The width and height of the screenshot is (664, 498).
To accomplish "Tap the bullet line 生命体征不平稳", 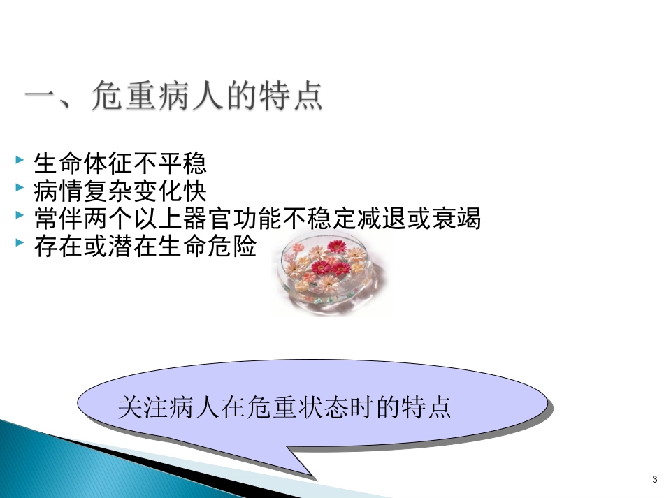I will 120,164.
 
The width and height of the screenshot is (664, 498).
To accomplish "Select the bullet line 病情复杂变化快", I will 120,191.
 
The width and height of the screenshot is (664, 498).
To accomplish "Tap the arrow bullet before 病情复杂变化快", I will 20,189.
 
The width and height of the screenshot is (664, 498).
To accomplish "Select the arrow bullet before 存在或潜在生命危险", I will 20,244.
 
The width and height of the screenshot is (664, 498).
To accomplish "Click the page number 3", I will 654,479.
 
